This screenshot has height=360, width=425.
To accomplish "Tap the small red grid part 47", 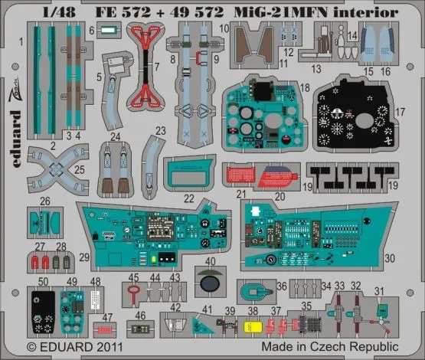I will [103, 330].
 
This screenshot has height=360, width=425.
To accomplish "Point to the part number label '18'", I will [305, 89].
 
